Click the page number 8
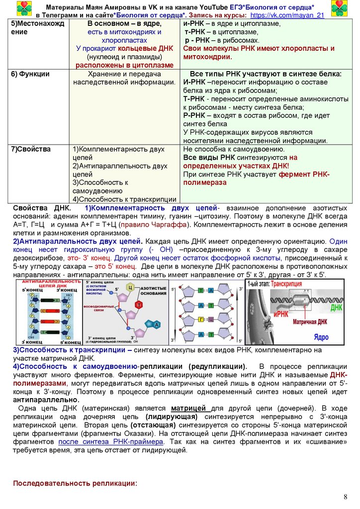[x=346, y=498]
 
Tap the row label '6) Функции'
[x=31, y=74]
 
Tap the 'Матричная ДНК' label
[x=310, y=322]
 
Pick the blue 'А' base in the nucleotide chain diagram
[x=156, y=325]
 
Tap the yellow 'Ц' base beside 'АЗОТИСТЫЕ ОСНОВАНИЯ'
[x=130, y=288]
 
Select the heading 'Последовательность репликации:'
[x=75, y=483]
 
